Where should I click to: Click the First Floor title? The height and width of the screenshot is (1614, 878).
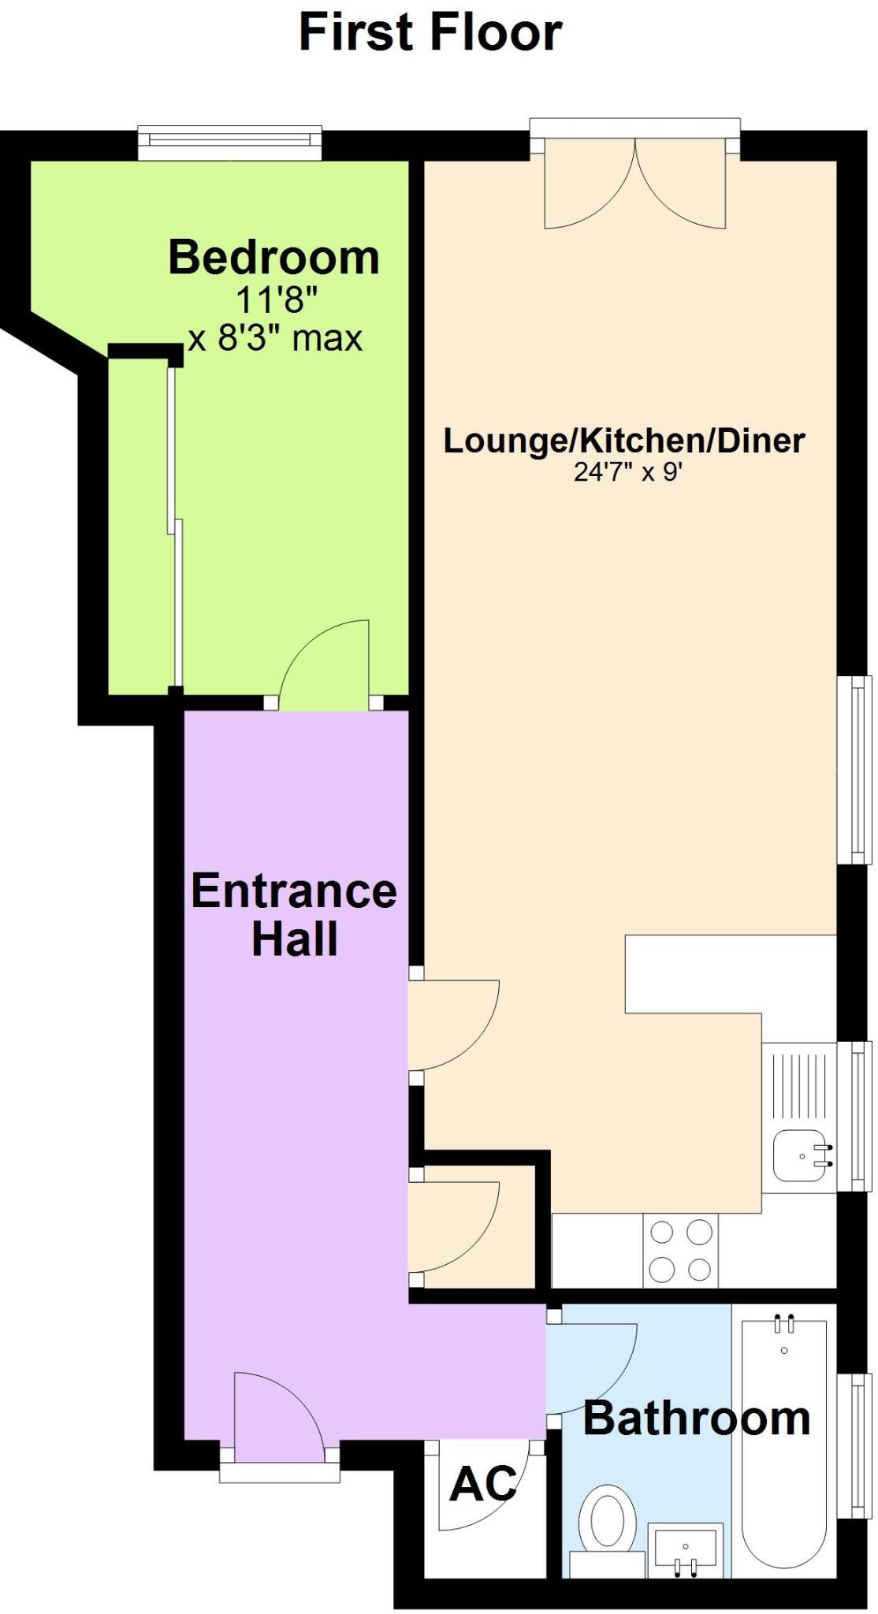430,32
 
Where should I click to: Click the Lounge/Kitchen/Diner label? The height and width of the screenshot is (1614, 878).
624,440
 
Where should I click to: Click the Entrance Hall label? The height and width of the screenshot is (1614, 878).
294,914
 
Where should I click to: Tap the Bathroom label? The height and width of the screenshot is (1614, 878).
697,1419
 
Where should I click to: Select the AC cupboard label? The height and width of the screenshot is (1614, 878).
484,1485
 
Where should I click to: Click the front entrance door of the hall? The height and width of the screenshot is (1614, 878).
279,1415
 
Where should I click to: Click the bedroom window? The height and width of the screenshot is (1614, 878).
230,143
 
